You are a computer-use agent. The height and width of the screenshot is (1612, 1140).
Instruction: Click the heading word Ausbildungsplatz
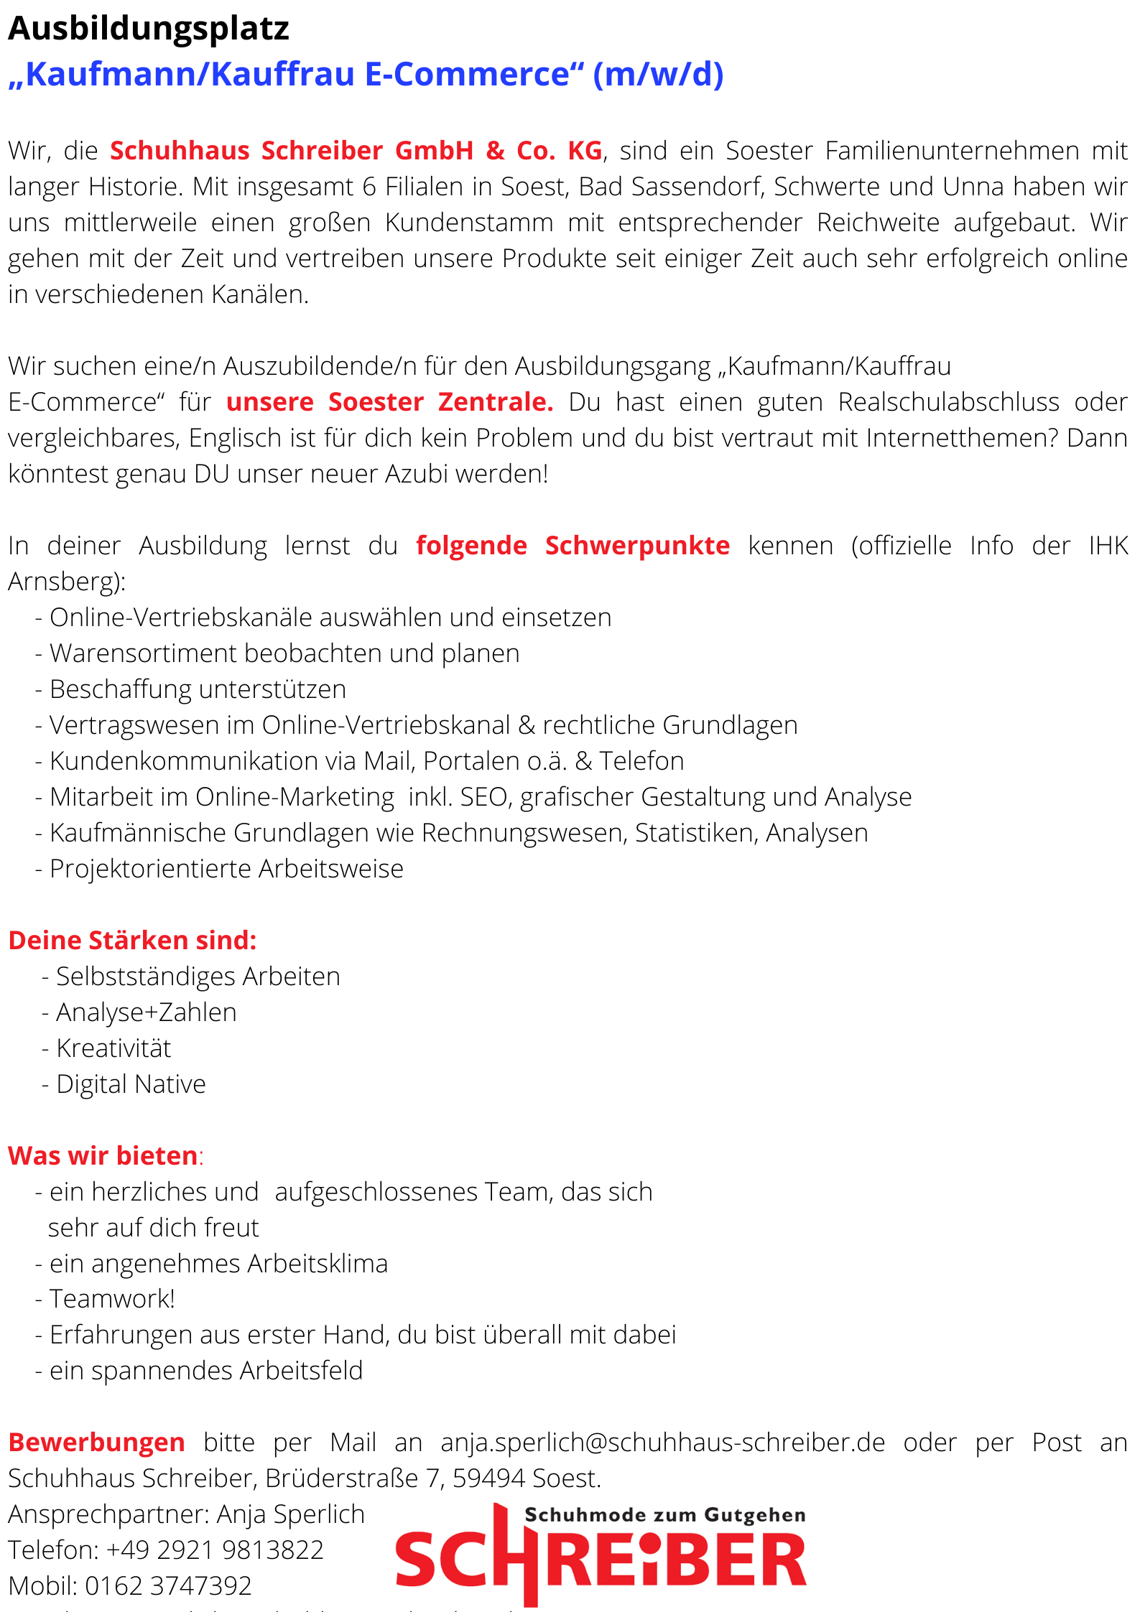pos(148,29)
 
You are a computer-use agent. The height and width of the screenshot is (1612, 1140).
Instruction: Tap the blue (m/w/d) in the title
pos(658,74)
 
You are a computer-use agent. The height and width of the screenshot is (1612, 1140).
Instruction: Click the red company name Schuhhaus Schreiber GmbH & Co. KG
pos(356,151)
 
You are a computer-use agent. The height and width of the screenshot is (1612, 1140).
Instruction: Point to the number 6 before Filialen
pos(369,187)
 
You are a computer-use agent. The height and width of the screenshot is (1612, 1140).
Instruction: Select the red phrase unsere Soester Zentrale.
pos(389,402)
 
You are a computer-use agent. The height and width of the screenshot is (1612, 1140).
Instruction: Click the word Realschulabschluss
pos(948,402)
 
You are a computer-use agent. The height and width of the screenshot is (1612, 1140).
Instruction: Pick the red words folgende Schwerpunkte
pos(573,546)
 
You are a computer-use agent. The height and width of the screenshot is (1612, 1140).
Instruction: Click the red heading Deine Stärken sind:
pos(132,941)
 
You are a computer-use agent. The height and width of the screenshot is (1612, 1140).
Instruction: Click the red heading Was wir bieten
pos(103,1156)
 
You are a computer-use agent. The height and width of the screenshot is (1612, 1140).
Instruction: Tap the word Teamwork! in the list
pos(112,1299)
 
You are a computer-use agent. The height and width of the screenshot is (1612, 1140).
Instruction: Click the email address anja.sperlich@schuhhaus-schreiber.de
pos(662,1443)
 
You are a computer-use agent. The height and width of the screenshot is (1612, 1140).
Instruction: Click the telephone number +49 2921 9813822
pos(215,1550)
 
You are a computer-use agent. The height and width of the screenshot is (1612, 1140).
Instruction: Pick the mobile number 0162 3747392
pos(168,1585)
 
